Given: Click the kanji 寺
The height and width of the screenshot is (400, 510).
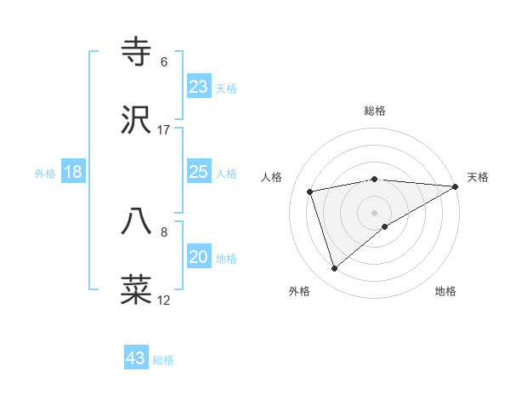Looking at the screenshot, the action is point(137,52).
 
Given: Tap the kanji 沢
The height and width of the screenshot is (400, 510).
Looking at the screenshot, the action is point(137,120).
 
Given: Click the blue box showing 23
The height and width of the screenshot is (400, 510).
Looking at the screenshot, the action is point(199,87).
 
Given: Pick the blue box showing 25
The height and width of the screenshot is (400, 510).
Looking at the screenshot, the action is point(199,173).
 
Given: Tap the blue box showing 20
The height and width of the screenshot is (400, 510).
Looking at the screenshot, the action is point(199,258).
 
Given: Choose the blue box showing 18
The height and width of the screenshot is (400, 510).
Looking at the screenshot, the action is point(73,173).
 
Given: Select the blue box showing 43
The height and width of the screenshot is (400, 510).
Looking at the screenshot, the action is point(136,358).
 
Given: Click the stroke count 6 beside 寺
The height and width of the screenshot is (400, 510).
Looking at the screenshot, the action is point(164,62).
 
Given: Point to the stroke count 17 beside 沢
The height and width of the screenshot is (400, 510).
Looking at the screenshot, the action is point(164,130).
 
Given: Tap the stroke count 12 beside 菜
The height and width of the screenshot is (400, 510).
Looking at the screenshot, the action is point(164,300).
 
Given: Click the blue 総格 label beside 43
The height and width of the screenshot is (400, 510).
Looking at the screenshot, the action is point(163,360).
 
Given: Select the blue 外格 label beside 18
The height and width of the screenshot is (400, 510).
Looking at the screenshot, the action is point(45,174).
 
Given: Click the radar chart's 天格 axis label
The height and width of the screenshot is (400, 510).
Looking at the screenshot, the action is point(478,177).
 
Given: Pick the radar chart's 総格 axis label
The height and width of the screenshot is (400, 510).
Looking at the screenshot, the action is point(375,111).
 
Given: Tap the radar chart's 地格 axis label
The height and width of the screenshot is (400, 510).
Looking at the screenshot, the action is point(445,291).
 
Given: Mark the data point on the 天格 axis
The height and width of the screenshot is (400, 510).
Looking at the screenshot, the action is point(456,186).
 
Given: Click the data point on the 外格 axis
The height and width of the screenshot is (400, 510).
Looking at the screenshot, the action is point(334,269).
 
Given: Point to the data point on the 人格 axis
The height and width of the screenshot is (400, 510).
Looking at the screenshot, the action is point(310,191).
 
